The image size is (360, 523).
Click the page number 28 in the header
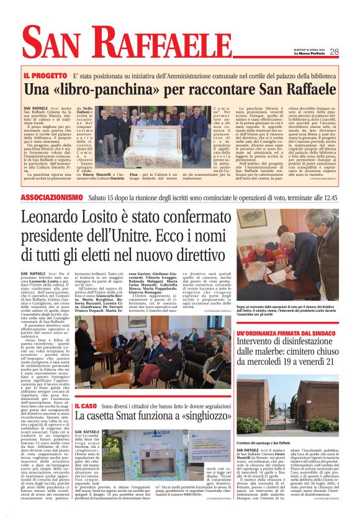coord(334,52)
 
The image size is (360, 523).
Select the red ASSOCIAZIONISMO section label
coord(51,197)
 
